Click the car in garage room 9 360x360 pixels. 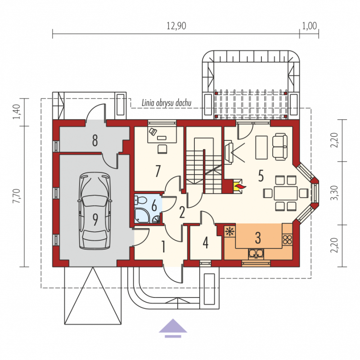coord(95,211)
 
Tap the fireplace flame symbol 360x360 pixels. coord(240,186)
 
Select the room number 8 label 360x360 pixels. coord(95,140)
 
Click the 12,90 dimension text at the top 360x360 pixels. coord(176,26)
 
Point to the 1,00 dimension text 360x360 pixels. coord(309,26)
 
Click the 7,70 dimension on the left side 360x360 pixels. coord(17,196)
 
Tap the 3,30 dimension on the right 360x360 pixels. coord(335,193)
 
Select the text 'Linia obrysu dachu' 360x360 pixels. coord(166,103)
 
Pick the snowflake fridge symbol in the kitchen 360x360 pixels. coord(229,231)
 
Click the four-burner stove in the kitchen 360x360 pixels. coord(287,239)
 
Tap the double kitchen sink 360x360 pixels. coord(256,254)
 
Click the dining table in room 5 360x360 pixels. coord(286,193)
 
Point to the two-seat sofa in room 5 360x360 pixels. coord(279,147)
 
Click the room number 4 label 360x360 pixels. coord(206,243)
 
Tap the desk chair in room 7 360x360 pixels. coord(162,149)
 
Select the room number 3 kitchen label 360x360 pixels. coord(258,238)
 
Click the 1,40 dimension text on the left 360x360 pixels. coord(17,112)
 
